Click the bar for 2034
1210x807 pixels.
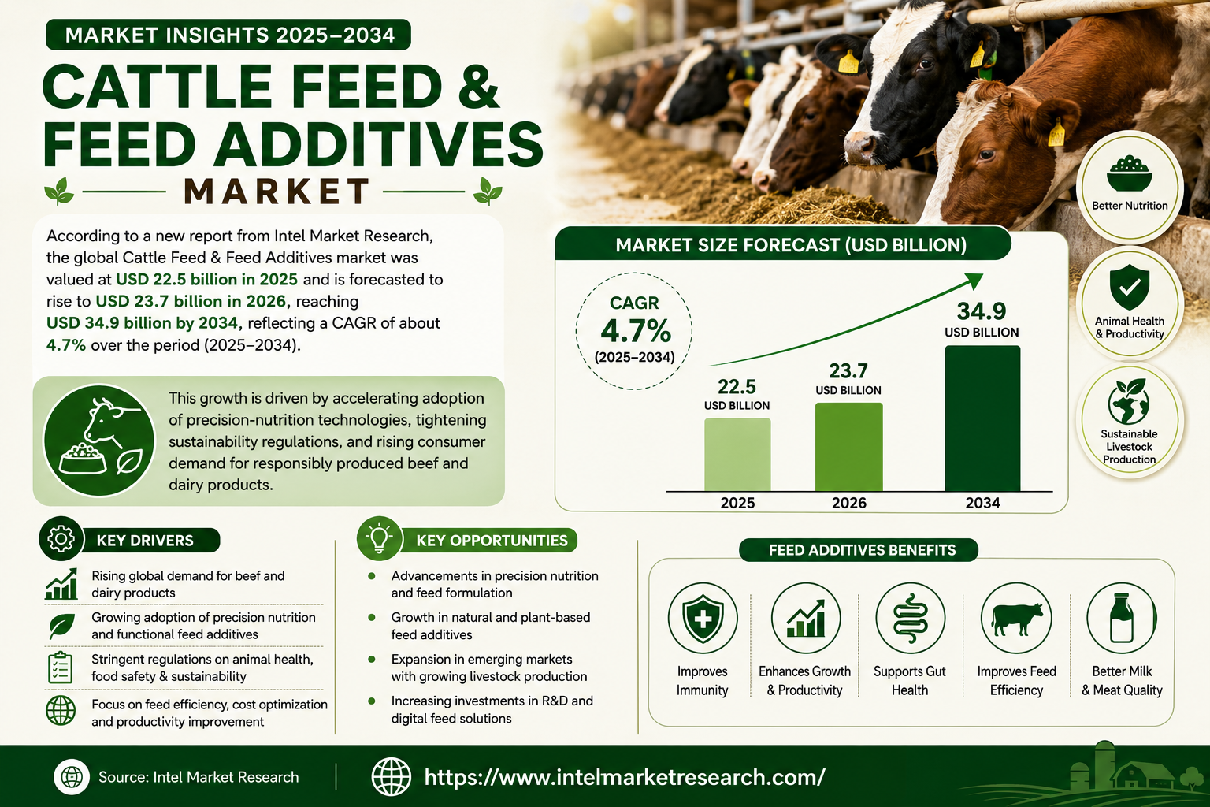tap(982, 418)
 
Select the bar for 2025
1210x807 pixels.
tap(737, 455)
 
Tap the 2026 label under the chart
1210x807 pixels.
tap(849, 504)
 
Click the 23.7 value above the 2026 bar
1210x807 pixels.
tap(848, 371)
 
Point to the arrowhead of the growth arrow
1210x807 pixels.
tap(974, 281)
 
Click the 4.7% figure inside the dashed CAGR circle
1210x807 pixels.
tap(635, 331)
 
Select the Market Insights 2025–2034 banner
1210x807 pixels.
tap(228, 35)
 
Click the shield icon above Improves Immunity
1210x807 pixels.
tap(703, 619)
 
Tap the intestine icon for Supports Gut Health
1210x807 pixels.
tap(910, 619)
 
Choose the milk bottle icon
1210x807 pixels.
tap(1122, 618)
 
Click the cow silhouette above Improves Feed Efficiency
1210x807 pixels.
tap(1016, 619)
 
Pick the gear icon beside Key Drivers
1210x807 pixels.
tap(61, 538)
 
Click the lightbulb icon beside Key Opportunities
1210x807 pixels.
tap(379, 537)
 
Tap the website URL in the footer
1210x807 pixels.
tap(625, 777)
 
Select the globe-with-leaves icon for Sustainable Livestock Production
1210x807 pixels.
tap(1128, 401)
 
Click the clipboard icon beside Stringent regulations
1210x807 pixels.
tap(60, 668)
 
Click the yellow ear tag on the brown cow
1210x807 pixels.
tap(1056, 133)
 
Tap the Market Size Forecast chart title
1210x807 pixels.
tap(791, 245)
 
